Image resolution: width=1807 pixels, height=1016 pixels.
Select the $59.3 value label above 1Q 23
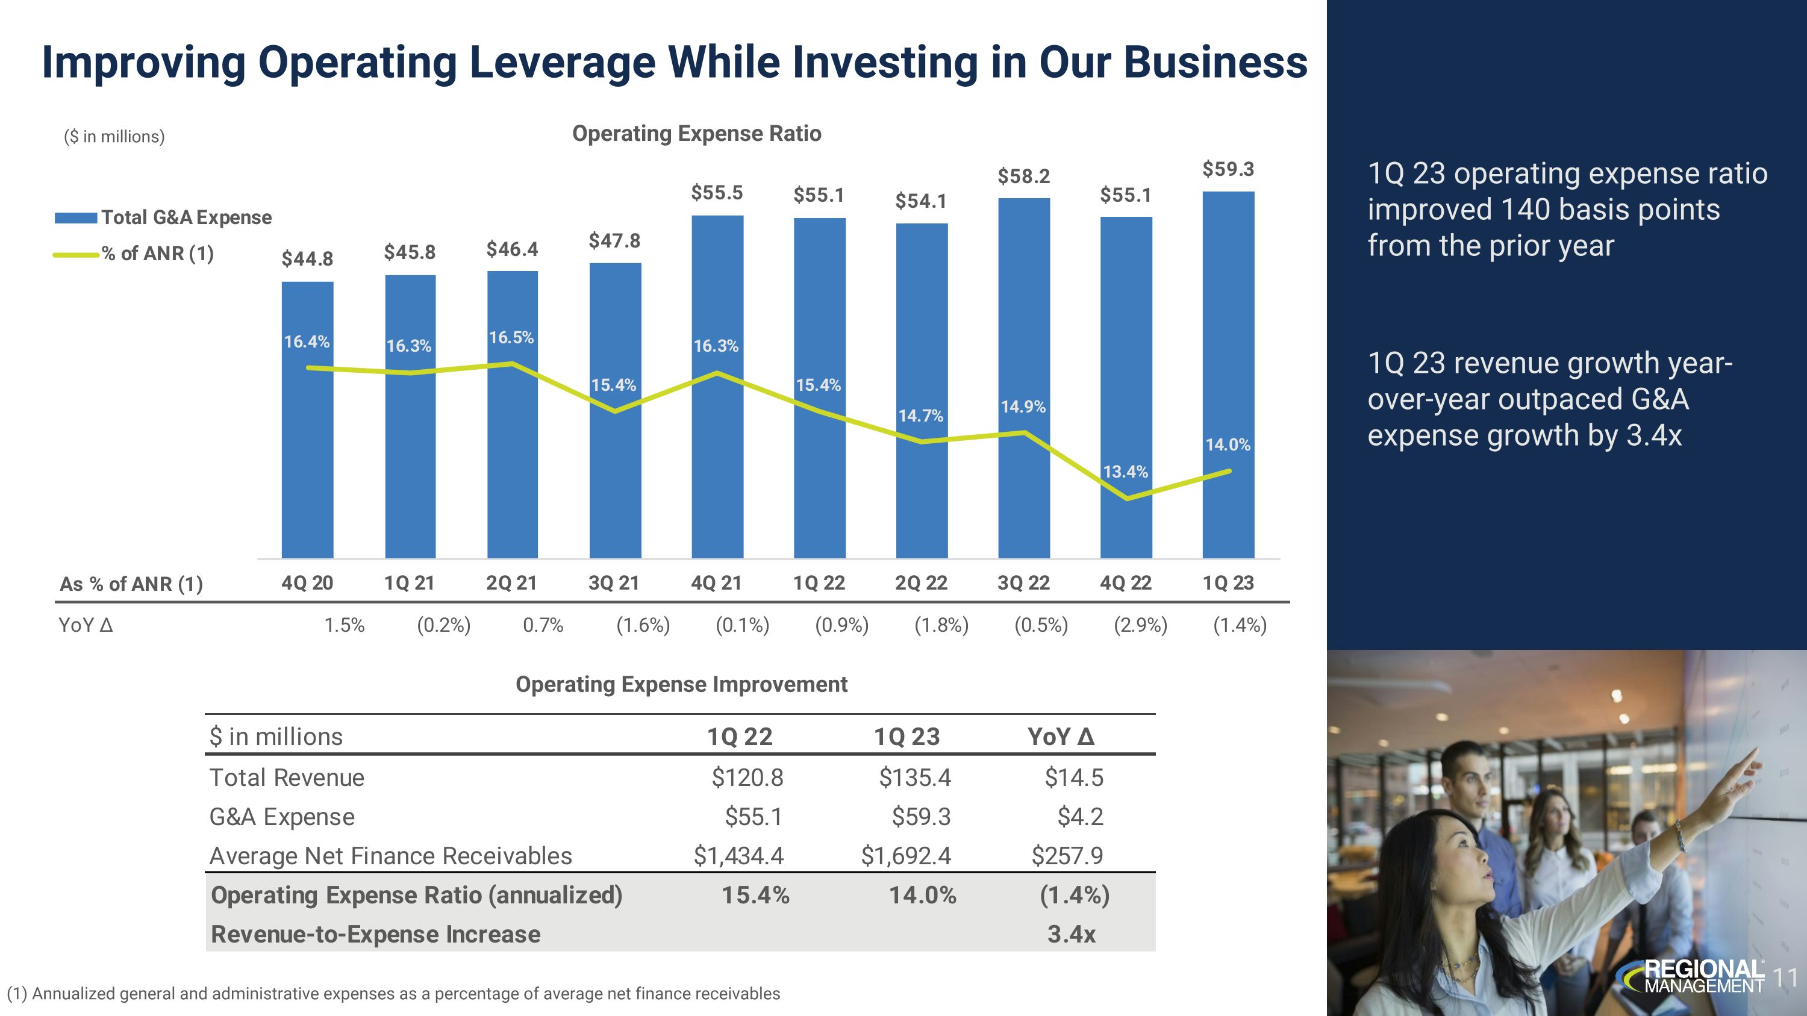(x=1228, y=169)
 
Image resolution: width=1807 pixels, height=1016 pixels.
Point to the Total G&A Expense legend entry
(x=186, y=217)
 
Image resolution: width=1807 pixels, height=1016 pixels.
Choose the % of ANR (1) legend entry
(x=157, y=254)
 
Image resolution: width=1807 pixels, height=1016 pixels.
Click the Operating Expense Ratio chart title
(x=696, y=133)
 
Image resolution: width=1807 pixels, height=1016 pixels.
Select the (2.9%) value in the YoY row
(x=1141, y=625)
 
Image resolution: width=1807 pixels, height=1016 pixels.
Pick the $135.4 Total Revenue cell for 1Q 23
(x=915, y=778)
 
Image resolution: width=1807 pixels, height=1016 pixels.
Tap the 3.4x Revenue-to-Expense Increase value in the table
(x=1071, y=935)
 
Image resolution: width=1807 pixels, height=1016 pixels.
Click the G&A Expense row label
(x=282, y=817)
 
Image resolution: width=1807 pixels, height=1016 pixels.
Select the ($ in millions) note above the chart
(x=114, y=137)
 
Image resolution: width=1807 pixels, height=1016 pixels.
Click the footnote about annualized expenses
(x=393, y=994)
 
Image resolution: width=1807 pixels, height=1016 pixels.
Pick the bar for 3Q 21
(x=615, y=477)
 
